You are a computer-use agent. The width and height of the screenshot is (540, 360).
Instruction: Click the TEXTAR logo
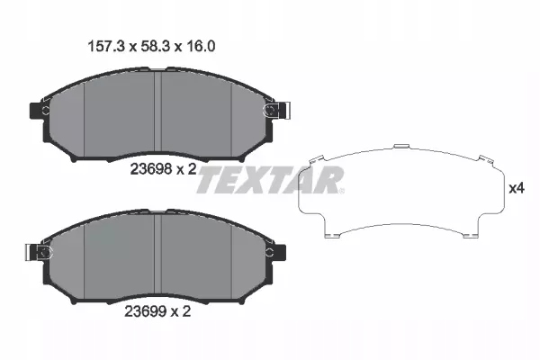(269, 180)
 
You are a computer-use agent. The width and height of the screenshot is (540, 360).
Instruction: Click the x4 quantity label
(516, 189)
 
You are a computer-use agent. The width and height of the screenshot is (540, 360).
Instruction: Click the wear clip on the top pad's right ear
(270, 111)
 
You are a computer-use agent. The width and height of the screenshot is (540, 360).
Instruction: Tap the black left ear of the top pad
(38, 112)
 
